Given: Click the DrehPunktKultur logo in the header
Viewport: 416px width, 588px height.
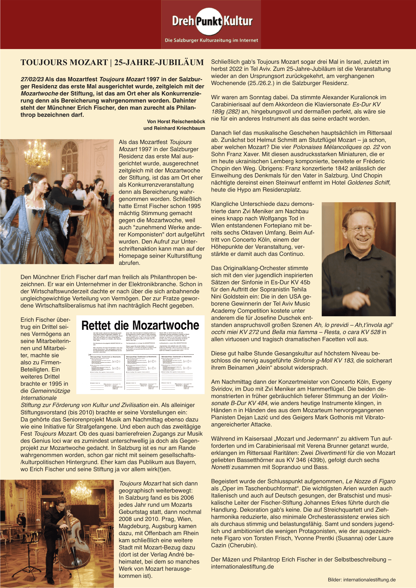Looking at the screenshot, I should [x=212, y=21].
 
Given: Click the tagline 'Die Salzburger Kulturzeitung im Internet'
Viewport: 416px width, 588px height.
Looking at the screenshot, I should [x=211, y=40].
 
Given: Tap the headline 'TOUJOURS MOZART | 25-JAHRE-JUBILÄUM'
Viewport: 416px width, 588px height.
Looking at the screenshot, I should [x=112, y=63].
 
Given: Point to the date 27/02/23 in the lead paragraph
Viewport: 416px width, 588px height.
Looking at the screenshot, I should [x=32, y=79].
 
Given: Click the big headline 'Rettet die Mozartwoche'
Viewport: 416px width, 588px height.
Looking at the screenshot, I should [x=140, y=326].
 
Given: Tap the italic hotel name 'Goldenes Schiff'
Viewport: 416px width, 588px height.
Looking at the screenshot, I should [x=368, y=183].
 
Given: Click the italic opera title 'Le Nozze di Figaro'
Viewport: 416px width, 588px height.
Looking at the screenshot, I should [x=370, y=481].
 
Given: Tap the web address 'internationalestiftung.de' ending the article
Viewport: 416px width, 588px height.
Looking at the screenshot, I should [x=242, y=567].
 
